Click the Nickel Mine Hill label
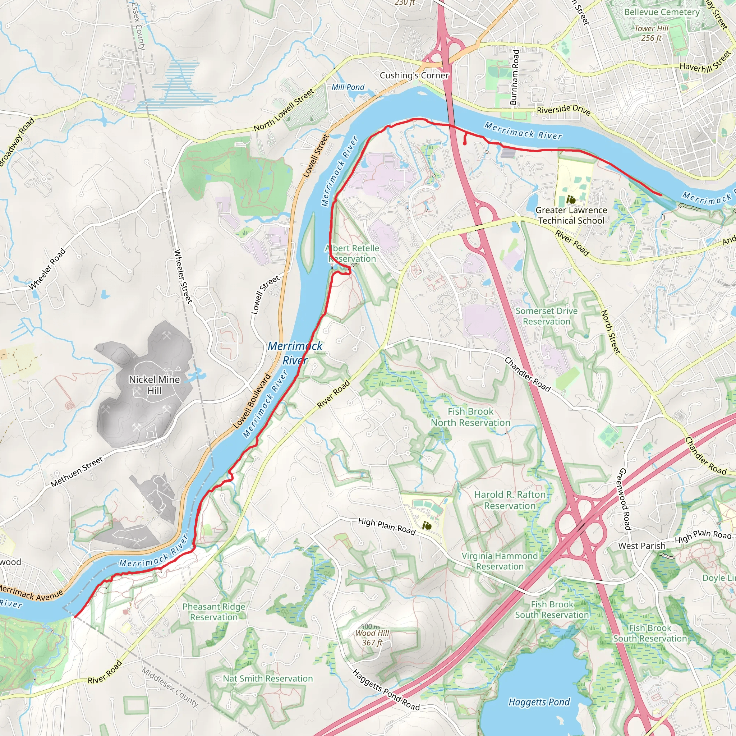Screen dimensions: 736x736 (154, 385)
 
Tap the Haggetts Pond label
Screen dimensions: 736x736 (539, 702)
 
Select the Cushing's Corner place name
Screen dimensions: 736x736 (414, 75)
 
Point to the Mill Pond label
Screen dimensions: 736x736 (348, 87)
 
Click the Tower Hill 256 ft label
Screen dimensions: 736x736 (651, 33)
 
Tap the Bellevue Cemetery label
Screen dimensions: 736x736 (661, 12)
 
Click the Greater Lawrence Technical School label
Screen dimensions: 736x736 (571, 215)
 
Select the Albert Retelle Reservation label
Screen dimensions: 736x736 (353, 253)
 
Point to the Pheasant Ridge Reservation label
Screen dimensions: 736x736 (214, 612)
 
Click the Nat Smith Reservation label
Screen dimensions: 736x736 (268, 678)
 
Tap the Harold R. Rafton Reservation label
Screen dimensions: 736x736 (510, 500)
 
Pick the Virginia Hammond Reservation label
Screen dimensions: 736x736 (500, 561)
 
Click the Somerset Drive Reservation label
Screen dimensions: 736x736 (546, 316)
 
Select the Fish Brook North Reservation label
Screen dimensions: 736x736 (470, 417)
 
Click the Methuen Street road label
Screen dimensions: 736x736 (77, 471)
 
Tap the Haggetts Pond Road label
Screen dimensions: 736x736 (386, 690)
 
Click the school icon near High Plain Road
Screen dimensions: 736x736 (427, 526)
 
